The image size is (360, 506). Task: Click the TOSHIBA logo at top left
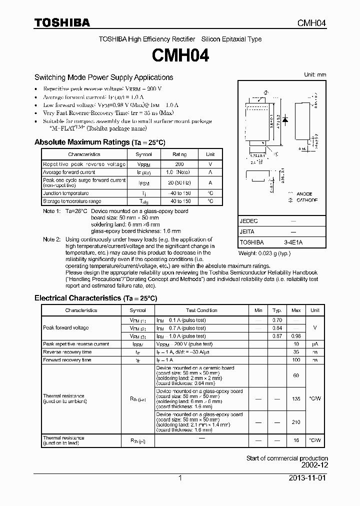[62, 22]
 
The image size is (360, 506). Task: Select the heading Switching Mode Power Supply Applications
[103, 77]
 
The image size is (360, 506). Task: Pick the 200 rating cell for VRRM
[179, 164]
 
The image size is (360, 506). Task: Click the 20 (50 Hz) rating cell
[179, 183]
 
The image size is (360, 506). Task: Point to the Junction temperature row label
[66, 193]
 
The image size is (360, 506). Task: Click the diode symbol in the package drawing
[285, 120]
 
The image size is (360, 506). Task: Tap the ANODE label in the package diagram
[303, 193]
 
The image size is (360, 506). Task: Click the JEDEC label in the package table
[249, 220]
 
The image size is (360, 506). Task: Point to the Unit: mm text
[315, 74]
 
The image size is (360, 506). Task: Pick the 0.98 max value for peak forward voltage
[295, 336]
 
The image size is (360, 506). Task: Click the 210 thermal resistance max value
[295, 422]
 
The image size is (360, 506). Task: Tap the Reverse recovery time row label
[67, 352]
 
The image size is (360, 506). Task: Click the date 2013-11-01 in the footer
[307, 478]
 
